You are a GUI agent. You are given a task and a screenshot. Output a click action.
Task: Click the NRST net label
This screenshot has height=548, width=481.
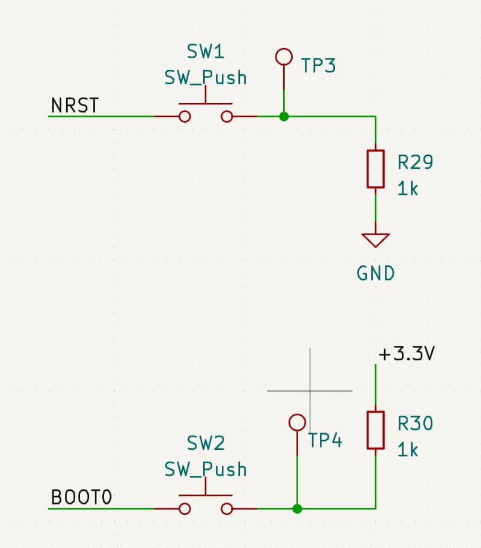[x=75, y=106]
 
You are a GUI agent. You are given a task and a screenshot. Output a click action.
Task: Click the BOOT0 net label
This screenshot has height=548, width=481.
[x=82, y=498]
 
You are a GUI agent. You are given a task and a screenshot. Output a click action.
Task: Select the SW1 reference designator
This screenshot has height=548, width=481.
[x=206, y=52]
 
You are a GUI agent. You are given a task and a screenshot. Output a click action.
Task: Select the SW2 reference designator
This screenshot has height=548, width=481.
[x=206, y=444]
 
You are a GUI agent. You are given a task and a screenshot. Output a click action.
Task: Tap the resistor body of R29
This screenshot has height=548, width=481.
[x=376, y=169]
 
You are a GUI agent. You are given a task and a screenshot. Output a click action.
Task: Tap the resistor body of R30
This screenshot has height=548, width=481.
[x=376, y=430]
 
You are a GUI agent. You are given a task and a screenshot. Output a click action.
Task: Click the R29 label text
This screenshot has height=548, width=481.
[x=415, y=162]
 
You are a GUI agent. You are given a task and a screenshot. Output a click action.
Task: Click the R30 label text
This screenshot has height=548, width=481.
[x=415, y=424]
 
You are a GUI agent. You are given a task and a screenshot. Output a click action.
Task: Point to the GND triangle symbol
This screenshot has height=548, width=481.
[x=376, y=240]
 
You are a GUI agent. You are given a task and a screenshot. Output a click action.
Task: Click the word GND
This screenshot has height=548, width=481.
[x=376, y=274]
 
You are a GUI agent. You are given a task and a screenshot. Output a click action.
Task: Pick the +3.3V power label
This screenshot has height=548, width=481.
[x=406, y=354]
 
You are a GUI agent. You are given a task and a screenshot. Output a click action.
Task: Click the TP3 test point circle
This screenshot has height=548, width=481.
[x=283, y=57]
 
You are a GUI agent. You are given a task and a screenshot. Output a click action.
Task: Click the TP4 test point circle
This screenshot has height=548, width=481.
[x=297, y=422]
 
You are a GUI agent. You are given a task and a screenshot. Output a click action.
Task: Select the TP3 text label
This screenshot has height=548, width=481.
[x=318, y=66]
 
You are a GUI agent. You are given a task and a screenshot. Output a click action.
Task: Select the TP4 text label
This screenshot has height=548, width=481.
[x=325, y=441]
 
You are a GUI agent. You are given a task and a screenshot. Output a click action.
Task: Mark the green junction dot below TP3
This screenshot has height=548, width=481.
[x=284, y=116]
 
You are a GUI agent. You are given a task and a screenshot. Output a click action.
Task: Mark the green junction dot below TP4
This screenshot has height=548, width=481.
[x=297, y=509]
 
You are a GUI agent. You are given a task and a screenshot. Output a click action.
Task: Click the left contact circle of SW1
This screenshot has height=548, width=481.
[x=185, y=116]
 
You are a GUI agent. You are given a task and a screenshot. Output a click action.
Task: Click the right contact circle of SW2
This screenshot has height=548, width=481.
[x=227, y=509]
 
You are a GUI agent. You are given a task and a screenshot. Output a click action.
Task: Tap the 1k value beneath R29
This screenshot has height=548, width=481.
[x=408, y=189]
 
